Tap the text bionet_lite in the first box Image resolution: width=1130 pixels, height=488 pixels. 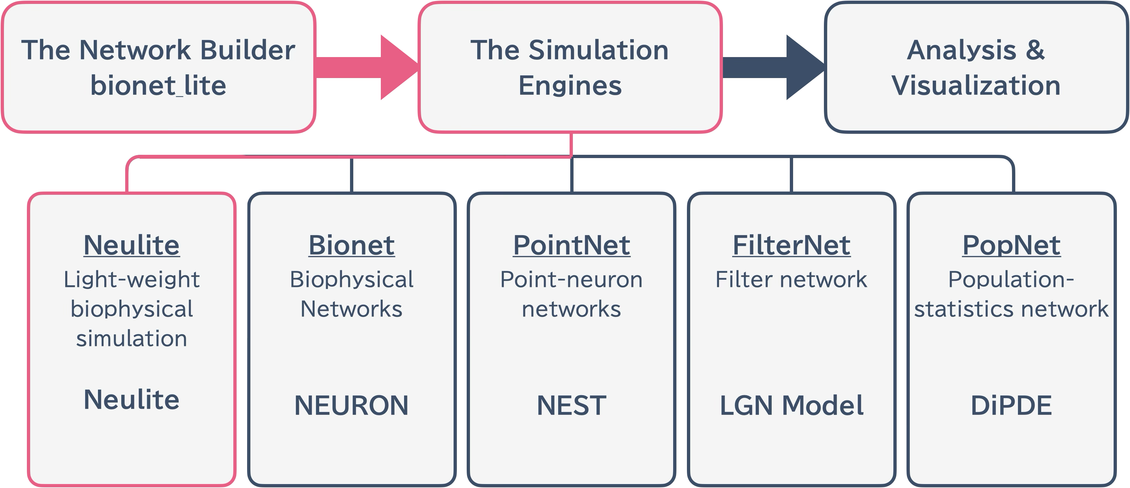click(158, 85)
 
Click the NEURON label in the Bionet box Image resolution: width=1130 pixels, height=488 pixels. click(351, 405)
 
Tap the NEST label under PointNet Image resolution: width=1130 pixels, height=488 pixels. click(572, 405)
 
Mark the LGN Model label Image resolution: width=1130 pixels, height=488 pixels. click(791, 405)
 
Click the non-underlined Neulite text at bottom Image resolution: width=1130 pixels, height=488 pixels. click(132, 399)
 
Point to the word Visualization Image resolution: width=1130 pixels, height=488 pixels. click(976, 85)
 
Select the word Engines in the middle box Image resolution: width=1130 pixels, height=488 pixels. click(570, 85)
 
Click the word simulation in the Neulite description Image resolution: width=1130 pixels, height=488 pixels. click(132, 339)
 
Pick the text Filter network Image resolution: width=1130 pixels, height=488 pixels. click(791, 279)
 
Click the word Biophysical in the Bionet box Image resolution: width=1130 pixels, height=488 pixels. click(351, 279)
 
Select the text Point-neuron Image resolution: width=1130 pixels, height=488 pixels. click(572, 279)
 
